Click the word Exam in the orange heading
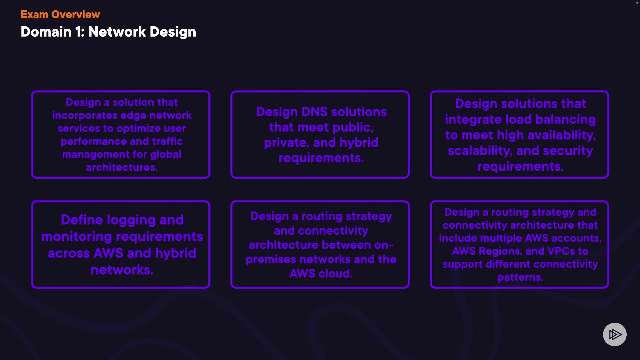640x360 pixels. coord(34,15)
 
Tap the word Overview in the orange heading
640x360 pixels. coord(76,15)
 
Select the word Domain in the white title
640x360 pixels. coord(46,32)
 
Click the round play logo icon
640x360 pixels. coord(615,334)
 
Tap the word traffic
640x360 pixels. coord(167,141)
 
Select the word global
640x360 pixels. coord(165,155)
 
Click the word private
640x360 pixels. coord(285,143)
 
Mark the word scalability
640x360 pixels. coord(479,151)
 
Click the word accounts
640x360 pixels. coord(579,238)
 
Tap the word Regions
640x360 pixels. coord(500,251)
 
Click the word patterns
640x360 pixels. coord(520,277)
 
